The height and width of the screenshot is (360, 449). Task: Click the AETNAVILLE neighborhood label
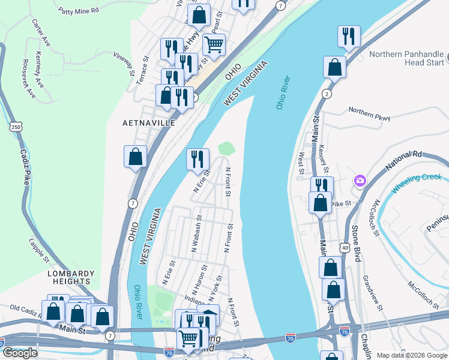click(x=149, y=122)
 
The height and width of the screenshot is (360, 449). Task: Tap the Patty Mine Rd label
click(x=78, y=11)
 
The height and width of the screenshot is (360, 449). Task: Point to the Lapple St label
click(x=40, y=252)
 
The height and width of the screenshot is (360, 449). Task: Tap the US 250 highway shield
click(x=16, y=126)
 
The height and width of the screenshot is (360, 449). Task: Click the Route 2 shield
click(x=327, y=94)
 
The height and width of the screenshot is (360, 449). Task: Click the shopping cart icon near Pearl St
click(x=214, y=43)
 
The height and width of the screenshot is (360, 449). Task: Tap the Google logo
click(x=20, y=353)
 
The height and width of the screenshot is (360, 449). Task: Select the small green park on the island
click(x=226, y=148)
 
